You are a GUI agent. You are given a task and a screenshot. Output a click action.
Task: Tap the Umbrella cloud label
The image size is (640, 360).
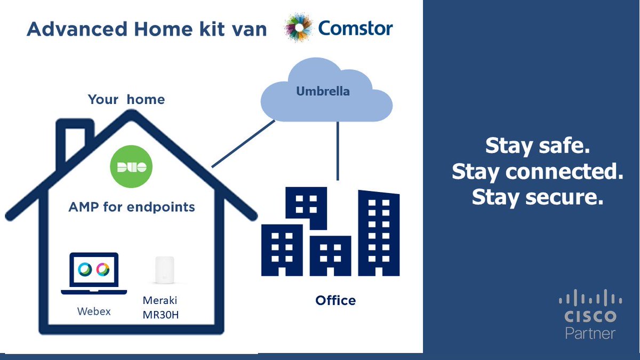pos(323,91)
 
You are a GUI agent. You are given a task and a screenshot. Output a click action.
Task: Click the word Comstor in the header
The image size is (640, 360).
pos(355,28)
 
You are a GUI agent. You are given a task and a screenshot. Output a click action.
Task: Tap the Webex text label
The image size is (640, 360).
pos(93,311)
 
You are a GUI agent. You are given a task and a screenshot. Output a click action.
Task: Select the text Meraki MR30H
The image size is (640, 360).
pos(161,308)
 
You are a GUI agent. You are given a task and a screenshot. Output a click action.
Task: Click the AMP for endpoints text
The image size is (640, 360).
pos(131,206)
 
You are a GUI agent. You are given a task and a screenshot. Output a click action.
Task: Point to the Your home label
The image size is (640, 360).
pos(126,100)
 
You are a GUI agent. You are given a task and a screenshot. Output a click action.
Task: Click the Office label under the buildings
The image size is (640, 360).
pos(335,300)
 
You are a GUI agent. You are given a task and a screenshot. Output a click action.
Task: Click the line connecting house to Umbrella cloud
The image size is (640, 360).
pos(243,143)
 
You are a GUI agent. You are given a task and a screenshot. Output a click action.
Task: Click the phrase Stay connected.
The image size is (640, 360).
pos(537,172)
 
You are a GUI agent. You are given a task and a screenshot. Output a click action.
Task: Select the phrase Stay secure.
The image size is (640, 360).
pos(537,197)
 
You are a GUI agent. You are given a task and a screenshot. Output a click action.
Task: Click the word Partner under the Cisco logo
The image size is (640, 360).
pos(590,333)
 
